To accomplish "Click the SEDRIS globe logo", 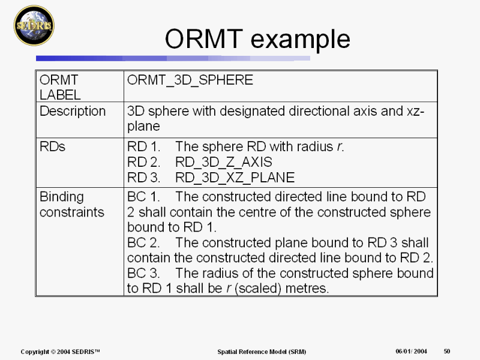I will coord(34,25).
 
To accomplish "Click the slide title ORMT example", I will coord(257,39).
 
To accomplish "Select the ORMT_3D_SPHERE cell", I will coord(190,80).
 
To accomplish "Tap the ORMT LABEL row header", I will coord(59,87).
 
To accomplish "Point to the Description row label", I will coord(73,112).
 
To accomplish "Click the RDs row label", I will coord(53,147).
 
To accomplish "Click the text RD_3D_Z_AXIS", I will coord(224,162).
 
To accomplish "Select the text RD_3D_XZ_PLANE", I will coord(235,178).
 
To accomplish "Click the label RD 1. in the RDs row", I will coord(143,147).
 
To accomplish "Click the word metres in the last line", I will coord(308,289).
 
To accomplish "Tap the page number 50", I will coord(447,351).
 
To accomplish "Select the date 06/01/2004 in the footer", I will coord(411,351).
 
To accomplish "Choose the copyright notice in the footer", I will coord(60,351).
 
